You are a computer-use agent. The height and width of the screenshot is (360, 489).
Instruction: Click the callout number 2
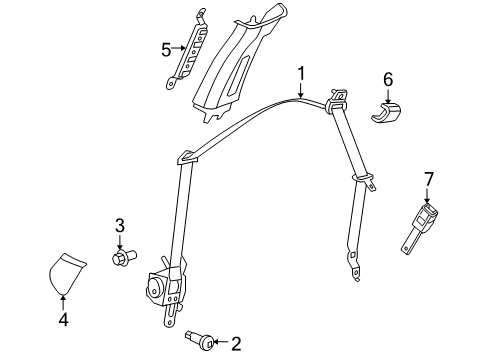(x=236, y=344)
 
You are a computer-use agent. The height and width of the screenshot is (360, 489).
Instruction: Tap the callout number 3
(x=119, y=225)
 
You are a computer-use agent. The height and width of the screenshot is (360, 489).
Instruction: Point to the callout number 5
(x=166, y=47)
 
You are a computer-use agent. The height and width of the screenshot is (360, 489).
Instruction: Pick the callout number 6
(x=388, y=78)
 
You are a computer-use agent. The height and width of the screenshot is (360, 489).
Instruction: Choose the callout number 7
(x=428, y=179)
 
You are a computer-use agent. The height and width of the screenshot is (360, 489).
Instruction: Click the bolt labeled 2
(x=199, y=340)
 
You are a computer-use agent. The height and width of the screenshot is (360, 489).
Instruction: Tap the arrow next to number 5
(x=180, y=47)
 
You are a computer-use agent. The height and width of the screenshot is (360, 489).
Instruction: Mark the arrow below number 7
(x=428, y=197)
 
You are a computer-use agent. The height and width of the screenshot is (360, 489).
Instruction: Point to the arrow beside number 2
(x=220, y=344)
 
